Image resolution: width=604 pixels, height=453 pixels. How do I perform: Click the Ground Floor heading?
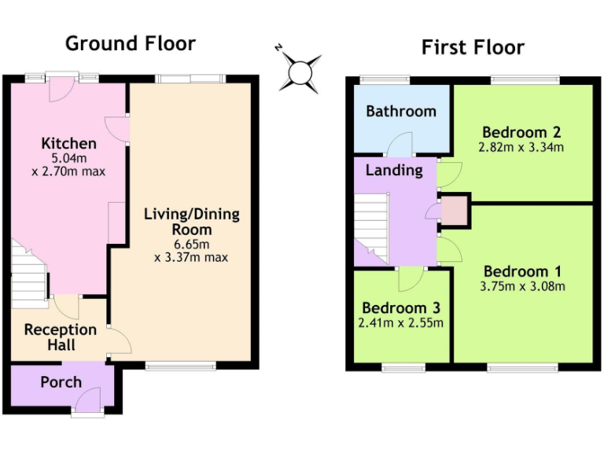point(130,43)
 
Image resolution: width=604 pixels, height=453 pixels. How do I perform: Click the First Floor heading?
point(473,47)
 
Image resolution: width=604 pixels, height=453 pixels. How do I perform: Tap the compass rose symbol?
point(300,72)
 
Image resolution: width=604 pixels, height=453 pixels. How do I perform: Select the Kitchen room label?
point(69,143)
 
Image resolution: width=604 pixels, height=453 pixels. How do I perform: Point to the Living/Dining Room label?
point(192,222)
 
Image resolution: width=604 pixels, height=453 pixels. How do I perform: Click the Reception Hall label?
point(61,337)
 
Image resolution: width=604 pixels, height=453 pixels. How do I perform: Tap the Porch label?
point(61,382)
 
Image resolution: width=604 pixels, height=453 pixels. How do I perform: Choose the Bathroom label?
point(401,111)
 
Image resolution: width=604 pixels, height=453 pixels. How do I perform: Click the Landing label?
point(394,170)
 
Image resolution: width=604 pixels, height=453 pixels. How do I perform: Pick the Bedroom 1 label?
point(522,272)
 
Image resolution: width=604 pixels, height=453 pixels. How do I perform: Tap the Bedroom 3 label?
point(401,308)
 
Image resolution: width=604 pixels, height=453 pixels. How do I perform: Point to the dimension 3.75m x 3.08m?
point(522,286)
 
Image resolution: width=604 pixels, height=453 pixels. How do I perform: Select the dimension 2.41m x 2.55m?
point(401,322)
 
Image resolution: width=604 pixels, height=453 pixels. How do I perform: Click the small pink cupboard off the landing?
point(454,212)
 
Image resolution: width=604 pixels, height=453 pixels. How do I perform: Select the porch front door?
point(87,400)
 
